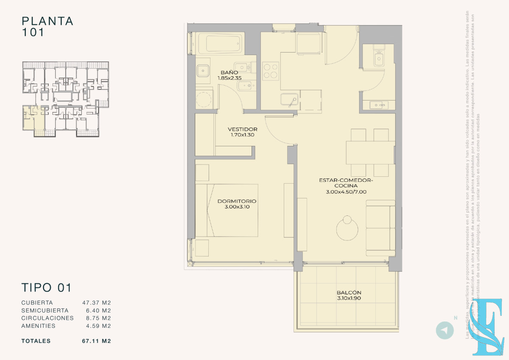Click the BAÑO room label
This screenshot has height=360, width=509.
[229, 73]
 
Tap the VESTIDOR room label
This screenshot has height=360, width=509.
[243, 129]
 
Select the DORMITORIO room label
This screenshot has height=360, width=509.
[237, 201]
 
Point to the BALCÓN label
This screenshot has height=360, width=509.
[349, 293]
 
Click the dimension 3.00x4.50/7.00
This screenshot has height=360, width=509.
[346, 192]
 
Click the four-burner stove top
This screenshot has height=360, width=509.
[271, 71]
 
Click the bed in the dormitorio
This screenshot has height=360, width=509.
[232, 210]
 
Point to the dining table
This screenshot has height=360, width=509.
[370, 153]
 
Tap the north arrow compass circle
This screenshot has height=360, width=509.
[445, 330]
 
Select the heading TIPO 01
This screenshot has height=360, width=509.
[46, 287]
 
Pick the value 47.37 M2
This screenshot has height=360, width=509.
[96, 303]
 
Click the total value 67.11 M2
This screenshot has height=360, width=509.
[96, 341]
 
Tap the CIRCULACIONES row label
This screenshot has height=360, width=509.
[48, 318]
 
